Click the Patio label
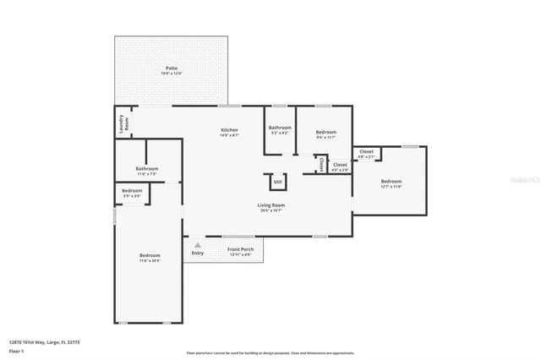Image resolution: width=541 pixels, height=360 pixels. [x=171, y=68]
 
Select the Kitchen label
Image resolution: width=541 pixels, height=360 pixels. [x=229, y=130]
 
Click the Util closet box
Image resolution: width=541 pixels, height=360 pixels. [x=276, y=182]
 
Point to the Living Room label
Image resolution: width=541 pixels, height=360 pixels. [x=270, y=205]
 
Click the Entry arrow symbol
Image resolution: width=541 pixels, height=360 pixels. [x=198, y=245]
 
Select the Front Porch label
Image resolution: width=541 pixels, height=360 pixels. [x=240, y=249]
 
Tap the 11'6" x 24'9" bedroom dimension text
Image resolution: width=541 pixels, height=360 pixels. [x=150, y=261]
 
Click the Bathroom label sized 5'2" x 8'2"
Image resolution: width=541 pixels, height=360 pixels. [x=280, y=128]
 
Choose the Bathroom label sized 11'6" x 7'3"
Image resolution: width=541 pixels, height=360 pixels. [x=146, y=169]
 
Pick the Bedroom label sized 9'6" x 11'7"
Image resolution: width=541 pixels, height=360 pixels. [x=326, y=132]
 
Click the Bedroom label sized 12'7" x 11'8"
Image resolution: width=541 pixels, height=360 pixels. [x=391, y=182]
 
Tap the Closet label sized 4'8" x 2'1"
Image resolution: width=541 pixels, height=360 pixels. [x=366, y=151]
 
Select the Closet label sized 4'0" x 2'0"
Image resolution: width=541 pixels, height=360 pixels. [x=339, y=165]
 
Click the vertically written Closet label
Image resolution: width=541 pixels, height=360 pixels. [x=320, y=164]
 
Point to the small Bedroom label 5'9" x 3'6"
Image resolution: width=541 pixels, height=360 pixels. [x=132, y=191]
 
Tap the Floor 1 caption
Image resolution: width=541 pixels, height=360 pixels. [x=16, y=350]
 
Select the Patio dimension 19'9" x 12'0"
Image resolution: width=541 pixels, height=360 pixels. [x=171, y=74]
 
